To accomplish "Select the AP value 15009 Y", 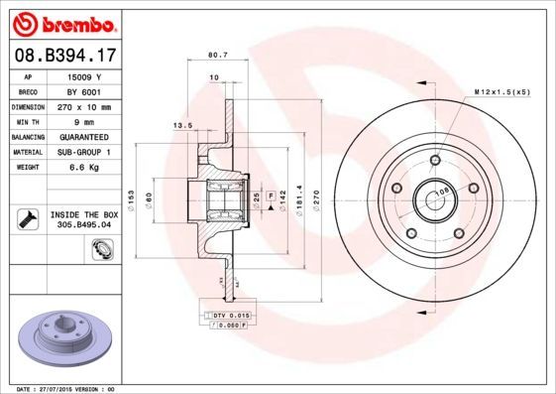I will pos(84,75).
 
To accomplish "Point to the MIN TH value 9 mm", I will pos(84,122).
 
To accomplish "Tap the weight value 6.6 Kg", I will pos(84,170).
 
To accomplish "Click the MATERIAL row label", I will pos(27,154).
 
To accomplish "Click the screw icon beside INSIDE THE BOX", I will pos(28,218).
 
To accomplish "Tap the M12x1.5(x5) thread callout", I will pos(501,91).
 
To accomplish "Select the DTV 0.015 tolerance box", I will pos(229,315).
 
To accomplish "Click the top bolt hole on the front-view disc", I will pos(434,160).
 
